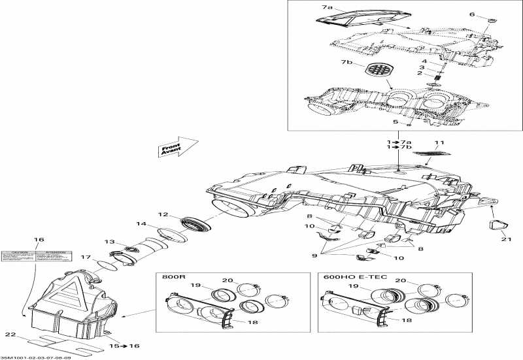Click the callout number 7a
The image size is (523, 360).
pyautogui.click(x=327, y=7)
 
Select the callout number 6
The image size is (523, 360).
pyautogui.click(x=491, y=14)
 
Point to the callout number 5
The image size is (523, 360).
pyautogui.click(x=396, y=121)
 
